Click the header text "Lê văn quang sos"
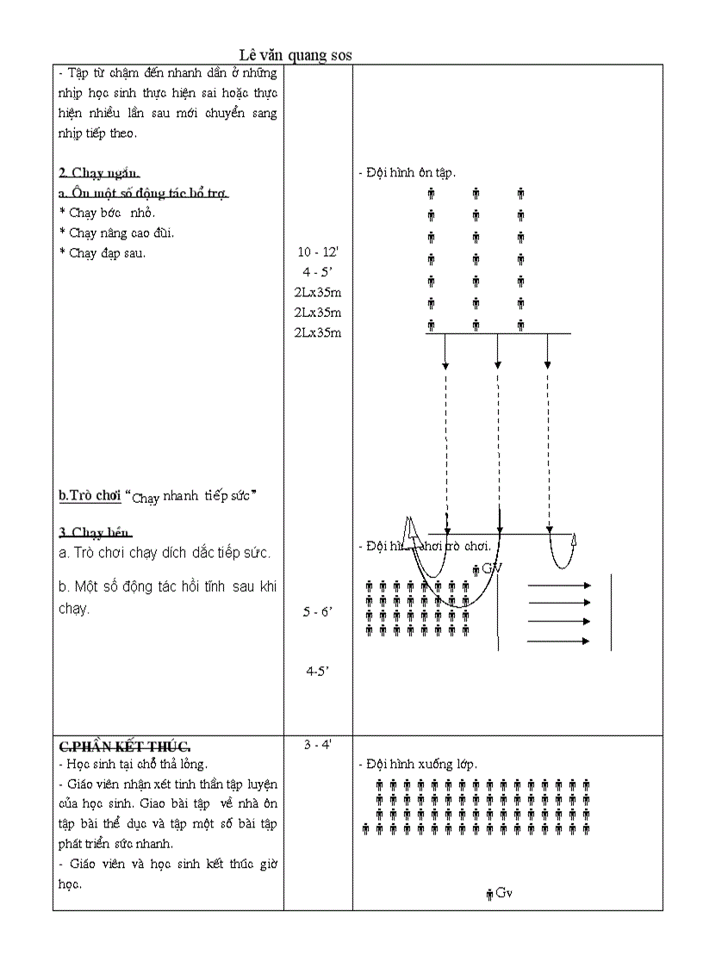pyautogui.click(x=296, y=55)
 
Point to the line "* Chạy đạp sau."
pyautogui.click(x=103, y=253)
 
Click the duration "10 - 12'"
pyautogui.click(x=318, y=252)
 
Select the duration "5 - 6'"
pyautogui.click(x=318, y=612)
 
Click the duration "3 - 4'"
pyautogui.click(x=318, y=744)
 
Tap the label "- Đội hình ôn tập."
pyautogui.click(x=407, y=173)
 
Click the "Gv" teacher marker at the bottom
pyautogui.click(x=500, y=894)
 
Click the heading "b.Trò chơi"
pyautogui.click(x=90, y=496)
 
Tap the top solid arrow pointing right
pyautogui.click(x=558, y=586)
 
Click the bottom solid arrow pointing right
pyautogui.click(x=558, y=641)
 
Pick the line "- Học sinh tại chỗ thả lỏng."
pyautogui.click(x=133, y=764)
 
